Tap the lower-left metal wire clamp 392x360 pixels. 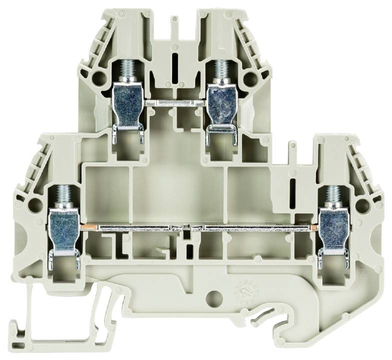pyautogui.click(x=63, y=230)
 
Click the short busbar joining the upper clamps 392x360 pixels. pyautogui.click(x=174, y=102)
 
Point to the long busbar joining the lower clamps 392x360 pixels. pyautogui.click(x=195, y=228)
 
